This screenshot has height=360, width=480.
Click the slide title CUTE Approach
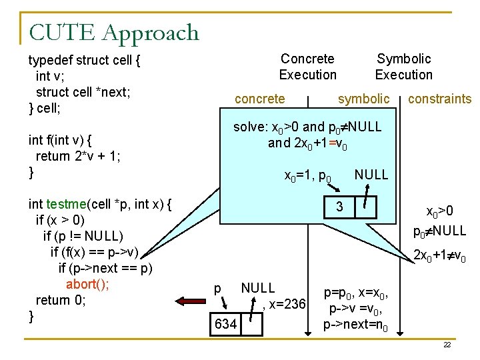point(114,32)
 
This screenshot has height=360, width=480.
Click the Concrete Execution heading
point(307,67)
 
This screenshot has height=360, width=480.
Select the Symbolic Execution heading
point(403,67)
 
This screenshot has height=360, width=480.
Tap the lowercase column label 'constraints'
point(439,99)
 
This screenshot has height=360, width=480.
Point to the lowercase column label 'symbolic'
point(363,99)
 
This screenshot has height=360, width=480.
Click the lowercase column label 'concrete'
point(260,99)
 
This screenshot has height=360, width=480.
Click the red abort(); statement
point(87,284)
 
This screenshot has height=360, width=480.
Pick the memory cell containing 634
point(225,324)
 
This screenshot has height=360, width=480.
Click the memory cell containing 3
point(339,207)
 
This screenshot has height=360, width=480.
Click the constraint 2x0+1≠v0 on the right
point(440,255)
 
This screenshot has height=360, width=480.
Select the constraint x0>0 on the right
point(440,212)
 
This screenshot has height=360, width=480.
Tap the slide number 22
point(447,345)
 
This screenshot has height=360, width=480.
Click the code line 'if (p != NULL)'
point(83,236)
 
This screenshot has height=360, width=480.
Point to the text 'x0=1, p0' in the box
point(308,176)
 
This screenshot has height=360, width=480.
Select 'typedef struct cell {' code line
point(84,61)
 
